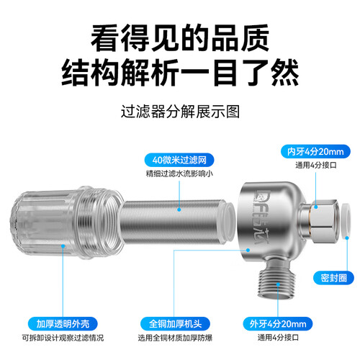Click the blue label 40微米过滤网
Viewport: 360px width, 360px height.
point(179,160)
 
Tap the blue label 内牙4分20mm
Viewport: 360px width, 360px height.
point(315,151)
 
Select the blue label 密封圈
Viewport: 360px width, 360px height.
point(333,278)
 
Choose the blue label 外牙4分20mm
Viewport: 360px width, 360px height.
point(278,324)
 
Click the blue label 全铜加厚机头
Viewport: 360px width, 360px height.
point(175,324)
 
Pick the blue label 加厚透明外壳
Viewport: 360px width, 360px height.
point(63,324)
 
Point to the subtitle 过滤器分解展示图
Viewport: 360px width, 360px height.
point(180,112)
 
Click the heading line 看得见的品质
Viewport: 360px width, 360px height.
point(180,37)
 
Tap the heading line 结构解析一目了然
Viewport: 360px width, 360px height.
point(180,73)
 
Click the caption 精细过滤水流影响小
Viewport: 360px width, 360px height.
point(179,174)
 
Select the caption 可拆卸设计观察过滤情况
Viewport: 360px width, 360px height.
point(63,338)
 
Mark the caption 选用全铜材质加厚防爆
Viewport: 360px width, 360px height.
point(175,338)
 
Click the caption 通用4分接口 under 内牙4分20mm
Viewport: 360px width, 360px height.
point(316,165)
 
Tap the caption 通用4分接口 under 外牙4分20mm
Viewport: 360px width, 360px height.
point(278,338)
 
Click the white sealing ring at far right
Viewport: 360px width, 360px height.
point(345,220)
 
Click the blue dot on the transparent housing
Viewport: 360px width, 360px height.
point(63,246)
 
